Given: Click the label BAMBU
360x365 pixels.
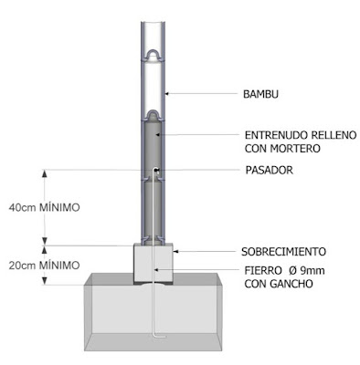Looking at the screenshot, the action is [x=260, y=94].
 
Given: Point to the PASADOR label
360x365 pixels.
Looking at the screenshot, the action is [x=270, y=170].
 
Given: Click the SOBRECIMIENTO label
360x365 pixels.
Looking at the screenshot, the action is [x=283, y=252].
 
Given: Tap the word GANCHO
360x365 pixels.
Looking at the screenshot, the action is [x=291, y=284].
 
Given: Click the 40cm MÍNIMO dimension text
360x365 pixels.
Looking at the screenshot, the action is [x=45, y=208].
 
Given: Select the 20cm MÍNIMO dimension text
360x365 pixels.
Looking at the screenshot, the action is [x=45, y=266].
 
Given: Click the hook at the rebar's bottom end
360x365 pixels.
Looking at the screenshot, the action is [x=159, y=337].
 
